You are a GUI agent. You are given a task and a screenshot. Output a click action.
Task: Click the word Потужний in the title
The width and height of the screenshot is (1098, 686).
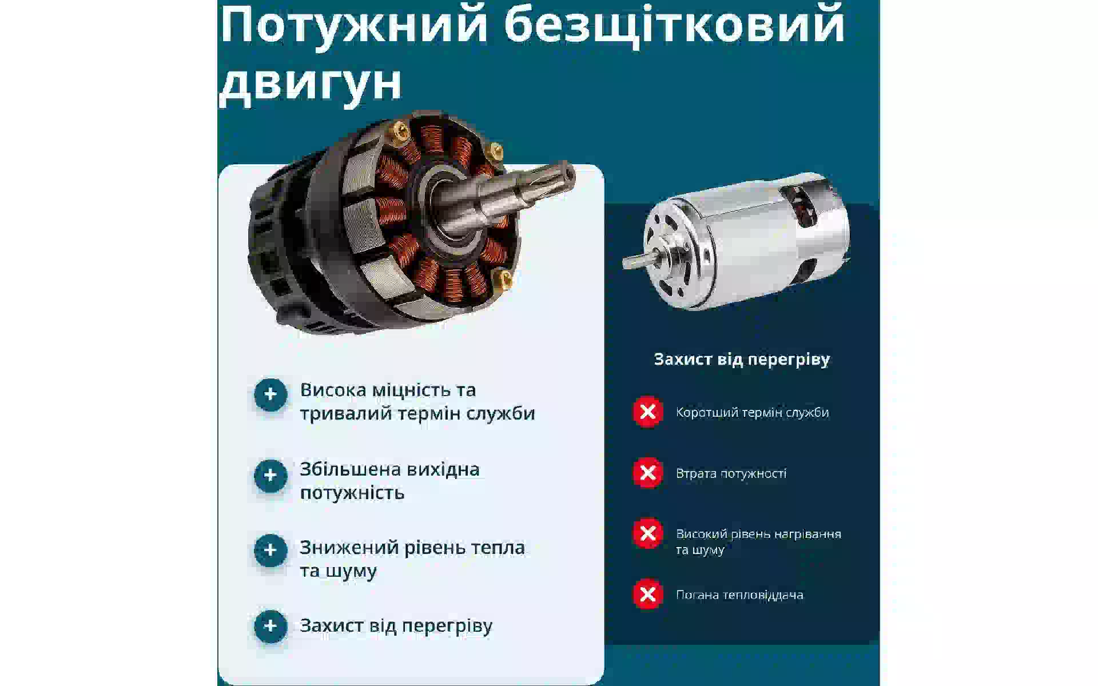[354, 26]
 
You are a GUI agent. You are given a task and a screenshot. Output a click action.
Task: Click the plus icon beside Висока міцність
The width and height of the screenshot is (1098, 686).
[270, 394]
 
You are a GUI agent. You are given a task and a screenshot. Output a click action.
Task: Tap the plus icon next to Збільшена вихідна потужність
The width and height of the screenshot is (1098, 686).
[270, 476]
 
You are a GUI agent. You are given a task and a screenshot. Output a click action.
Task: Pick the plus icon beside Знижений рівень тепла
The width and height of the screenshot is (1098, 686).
[270, 551]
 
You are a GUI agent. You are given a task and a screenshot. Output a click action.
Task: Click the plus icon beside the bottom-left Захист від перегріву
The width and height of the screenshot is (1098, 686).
[270, 626]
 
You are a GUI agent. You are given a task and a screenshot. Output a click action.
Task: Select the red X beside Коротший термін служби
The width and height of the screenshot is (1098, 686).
[648, 412]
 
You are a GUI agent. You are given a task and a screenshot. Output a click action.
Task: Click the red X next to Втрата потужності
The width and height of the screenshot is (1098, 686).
[648, 473]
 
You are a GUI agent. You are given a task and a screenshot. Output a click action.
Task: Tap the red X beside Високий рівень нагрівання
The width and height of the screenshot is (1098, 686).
[648, 533]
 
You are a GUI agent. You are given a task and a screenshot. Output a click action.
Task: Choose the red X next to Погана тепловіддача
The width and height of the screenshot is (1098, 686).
[648, 595]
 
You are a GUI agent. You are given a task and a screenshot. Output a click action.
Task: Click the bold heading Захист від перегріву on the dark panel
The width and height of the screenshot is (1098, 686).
[742, 360]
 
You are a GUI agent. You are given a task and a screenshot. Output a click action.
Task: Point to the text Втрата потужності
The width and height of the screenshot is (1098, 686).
[731, 473]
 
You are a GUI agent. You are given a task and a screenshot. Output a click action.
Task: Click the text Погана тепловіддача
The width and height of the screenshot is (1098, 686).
[739, 595]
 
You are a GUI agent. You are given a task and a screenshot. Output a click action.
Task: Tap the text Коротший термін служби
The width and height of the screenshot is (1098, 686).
[752, 413]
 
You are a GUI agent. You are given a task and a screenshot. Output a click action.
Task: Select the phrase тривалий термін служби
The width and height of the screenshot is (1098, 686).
[417, 414]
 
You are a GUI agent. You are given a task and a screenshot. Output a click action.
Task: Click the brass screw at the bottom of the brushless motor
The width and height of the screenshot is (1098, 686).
[505, 280]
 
